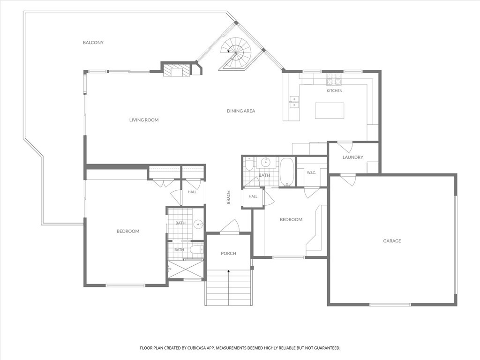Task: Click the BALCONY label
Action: tap(93, 43)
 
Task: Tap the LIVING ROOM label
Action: tap(144, 120)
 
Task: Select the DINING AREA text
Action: tap(241, 111)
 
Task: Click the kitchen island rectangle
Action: tap(330, 111)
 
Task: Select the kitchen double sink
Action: tap(294, 102)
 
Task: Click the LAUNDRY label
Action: tap(352, 157)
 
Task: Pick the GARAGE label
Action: tap(392, 241)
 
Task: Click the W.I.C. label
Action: tap(311, 172)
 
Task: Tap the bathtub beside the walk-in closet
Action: tap(287, 172)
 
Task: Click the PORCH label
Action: tap(228, 254)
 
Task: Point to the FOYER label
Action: tap(228, 197)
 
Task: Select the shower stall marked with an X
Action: tap(186, 270)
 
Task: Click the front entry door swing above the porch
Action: tap(230, 226)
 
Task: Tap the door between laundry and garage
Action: tap(348, 180)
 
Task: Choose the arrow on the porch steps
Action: tap(229, 287)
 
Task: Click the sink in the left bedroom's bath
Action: tap(198, 225)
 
